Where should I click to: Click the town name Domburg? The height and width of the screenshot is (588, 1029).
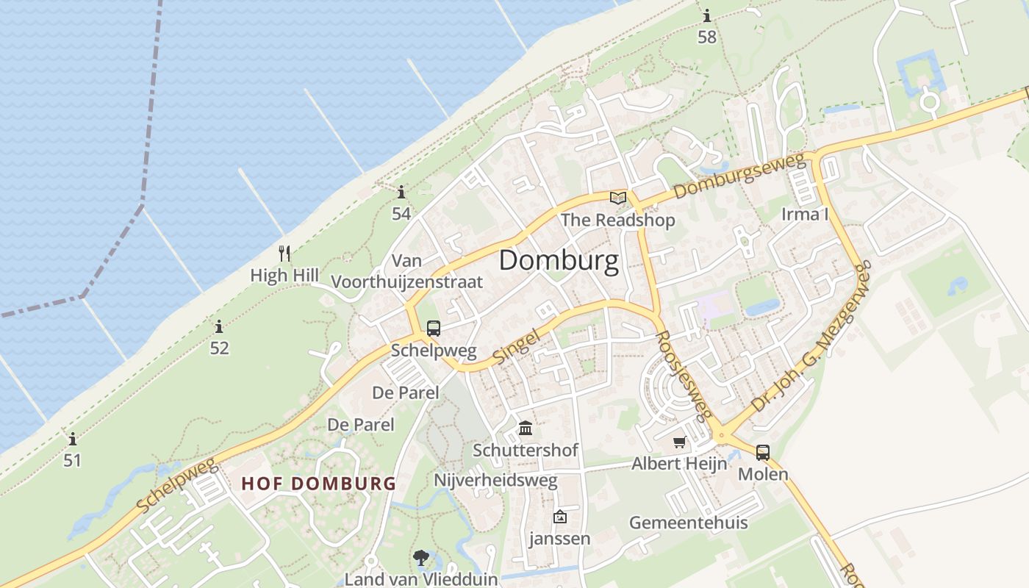click(559, 261)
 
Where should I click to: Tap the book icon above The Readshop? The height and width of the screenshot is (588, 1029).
click(618, 198)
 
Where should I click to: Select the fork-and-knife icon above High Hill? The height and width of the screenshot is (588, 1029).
click(284, 254)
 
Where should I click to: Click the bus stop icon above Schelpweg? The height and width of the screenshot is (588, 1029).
click(434, 328)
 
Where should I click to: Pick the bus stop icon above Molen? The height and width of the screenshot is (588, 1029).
click(763, 452)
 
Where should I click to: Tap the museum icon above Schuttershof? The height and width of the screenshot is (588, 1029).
click(526, 428)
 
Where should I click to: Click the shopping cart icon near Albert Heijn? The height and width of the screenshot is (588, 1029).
click(680, 442)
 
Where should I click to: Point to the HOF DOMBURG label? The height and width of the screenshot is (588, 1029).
click(318, 484)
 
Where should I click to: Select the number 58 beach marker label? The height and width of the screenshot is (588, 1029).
click(706, 37)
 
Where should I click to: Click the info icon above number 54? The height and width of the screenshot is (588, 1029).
click(401, 193)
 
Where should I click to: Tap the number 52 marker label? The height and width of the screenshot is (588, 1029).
click(219, 348)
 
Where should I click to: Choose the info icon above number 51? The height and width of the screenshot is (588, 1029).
click(72, 440)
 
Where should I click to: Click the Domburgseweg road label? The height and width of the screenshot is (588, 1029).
click(739, 177)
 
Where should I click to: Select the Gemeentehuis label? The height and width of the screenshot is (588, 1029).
click(688, 523)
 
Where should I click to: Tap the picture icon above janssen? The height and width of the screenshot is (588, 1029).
click(559, 517)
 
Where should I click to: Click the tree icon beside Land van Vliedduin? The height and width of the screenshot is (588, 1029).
click(421, 558)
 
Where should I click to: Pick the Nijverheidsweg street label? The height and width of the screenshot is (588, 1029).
click(495, 481)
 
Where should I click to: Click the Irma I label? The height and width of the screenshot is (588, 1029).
click(805, 214)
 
